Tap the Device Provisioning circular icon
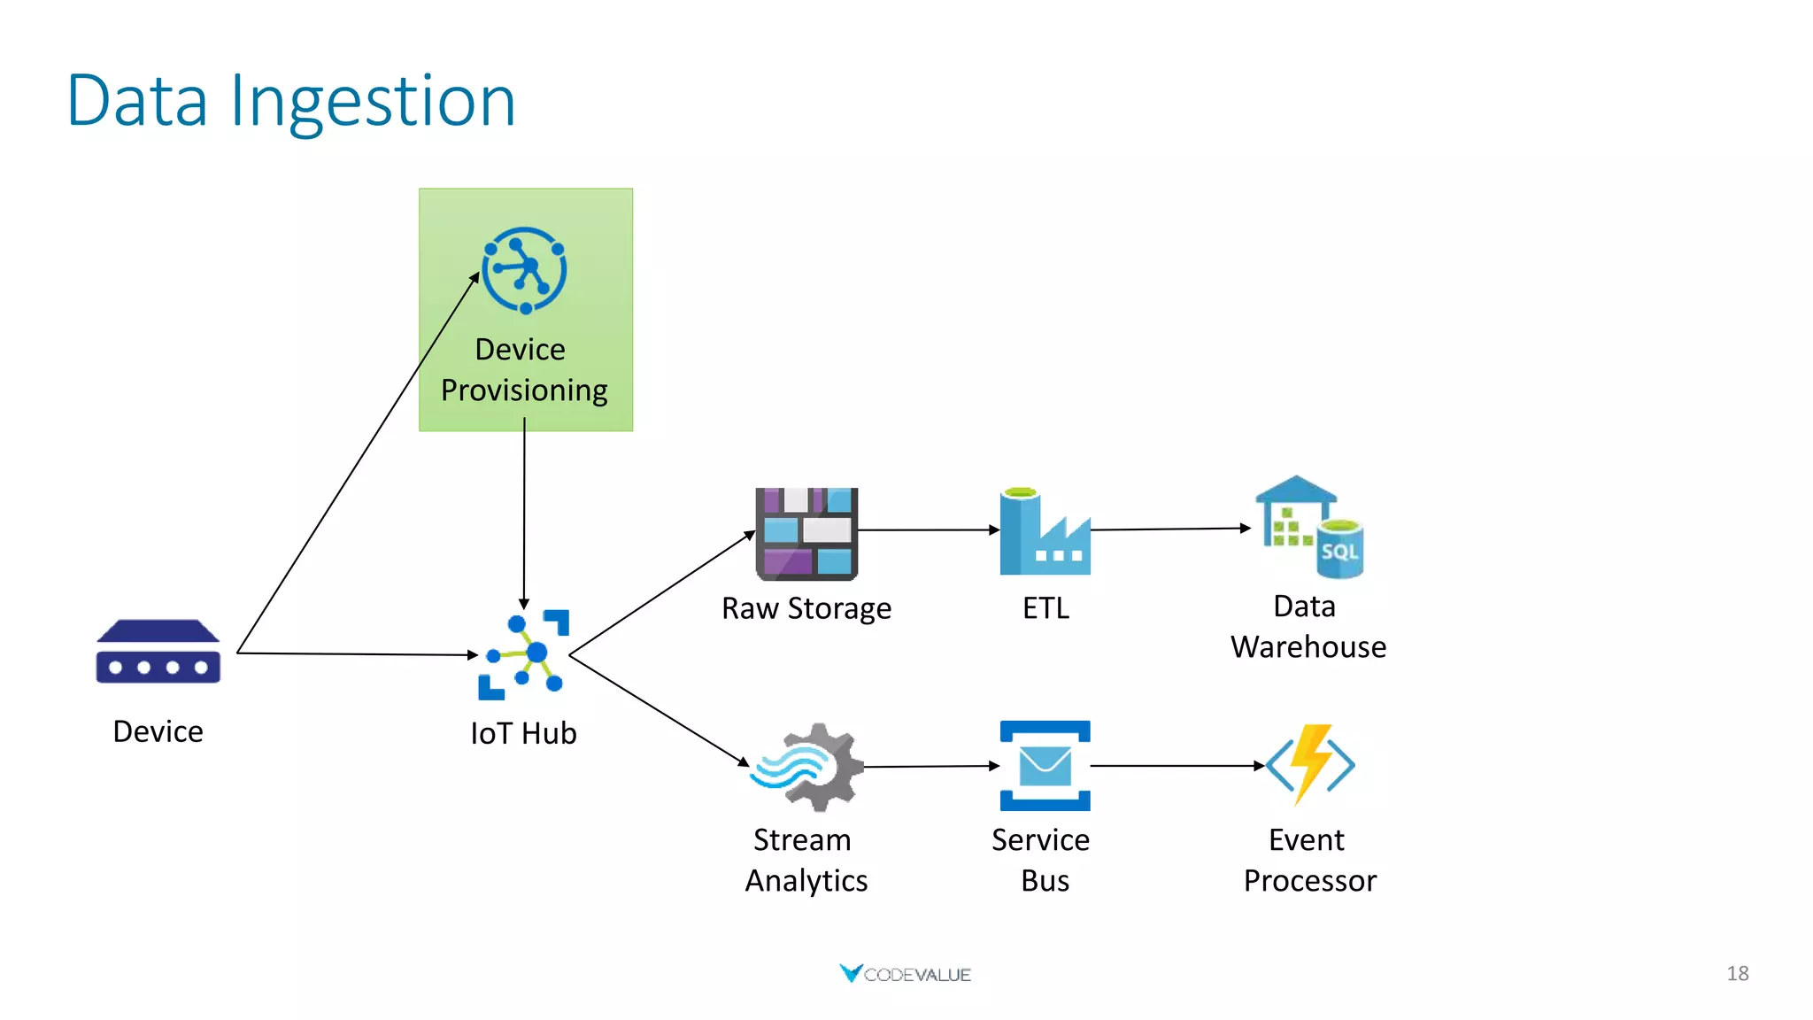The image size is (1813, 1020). point(524,270)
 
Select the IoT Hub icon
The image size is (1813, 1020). point(524,655)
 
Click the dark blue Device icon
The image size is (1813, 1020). point(158,652)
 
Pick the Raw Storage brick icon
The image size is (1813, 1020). point(806,533)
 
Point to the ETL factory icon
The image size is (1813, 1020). point(1045,533)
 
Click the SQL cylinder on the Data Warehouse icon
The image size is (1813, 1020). point(1339,550)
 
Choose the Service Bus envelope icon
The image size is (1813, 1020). point(1045,766)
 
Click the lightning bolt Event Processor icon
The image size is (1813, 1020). point(1310,764)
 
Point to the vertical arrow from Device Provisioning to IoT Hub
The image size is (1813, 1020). point(524,514)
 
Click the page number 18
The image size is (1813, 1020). point(1737,973)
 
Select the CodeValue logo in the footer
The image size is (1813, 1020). point(905,974)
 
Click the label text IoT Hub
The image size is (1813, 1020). point(523,733)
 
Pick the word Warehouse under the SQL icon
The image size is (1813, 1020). point(1308,647)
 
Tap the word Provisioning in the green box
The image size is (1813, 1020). point(524,390)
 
